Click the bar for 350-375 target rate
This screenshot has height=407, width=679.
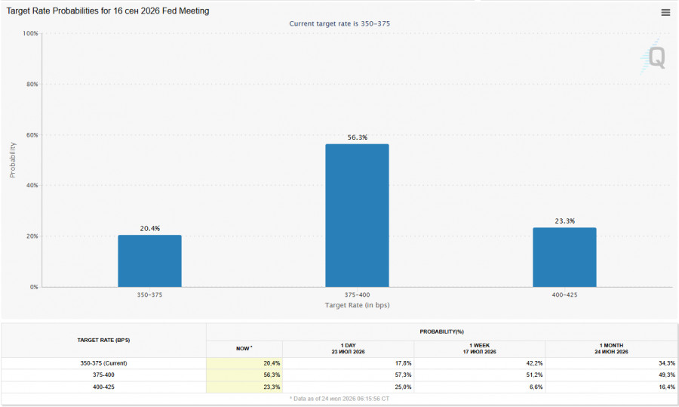tap(150, 261)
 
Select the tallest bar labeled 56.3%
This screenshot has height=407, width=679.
tap(358, 215)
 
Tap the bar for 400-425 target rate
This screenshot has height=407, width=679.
tap(564, 257)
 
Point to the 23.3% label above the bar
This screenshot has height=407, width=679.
tap(564, 221)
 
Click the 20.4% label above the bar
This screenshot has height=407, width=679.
tap(150, 229)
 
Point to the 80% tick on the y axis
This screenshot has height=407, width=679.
tap(32, 84)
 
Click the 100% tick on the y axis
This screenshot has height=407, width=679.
tap(30, 33)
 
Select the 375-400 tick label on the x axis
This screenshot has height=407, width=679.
tap(358, 294)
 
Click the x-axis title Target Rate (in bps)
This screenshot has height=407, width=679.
tap(358, 305)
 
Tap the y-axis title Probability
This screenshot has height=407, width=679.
tap(13, 160)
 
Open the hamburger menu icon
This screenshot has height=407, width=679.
tap(665, 13)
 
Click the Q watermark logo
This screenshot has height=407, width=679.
tap(653, 57)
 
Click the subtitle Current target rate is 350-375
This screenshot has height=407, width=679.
tap(339, 23)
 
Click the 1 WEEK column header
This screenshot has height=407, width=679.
tap(479, 349)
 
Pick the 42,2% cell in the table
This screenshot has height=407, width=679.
tap(534, 363)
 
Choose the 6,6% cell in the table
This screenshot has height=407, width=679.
tap(536, 387)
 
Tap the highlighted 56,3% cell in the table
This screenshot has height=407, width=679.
tap(272, 375)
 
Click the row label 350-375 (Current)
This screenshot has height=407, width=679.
tap(103, 363)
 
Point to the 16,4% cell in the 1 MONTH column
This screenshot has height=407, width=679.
tap(667, 387)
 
